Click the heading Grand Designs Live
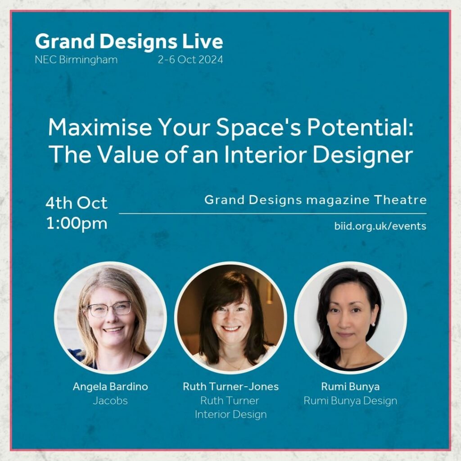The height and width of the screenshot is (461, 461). pyautogui.click(x=129, y=42)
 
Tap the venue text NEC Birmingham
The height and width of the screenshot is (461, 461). pyautogui.click(x=76, y=60)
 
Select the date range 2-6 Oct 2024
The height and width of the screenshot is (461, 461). pyautogui.click(x=190, y=60)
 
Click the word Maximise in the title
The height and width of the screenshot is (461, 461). pyautogui.click(x=100, y=127)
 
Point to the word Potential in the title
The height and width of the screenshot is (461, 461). pyautogui.click(x=360, y=127)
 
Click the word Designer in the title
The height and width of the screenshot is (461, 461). pyautogui.click(x=362, y=155)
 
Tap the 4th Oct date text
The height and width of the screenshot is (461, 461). pyautogui.click(x=77, y=203)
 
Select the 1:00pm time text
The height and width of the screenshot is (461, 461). pyautogui.click(x=77, y=224)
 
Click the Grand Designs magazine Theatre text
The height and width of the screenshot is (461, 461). pyautogui.click(x=316, y=200)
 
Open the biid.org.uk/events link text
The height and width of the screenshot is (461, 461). pyautogui.click(x=380, y=226)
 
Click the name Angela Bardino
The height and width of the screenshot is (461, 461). pyautogui.click(x=110, y=387)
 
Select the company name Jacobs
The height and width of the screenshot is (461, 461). pyautogui.click(x=110, y=401)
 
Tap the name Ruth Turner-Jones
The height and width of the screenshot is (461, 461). pyautogui.click(x=231, y=387)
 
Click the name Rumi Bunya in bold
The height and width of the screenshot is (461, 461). pyautogui.click(x=350, y=387)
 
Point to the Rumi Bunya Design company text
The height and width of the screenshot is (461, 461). pyautogui.click(x=350, y=401)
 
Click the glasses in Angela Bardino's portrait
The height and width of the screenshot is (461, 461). pyautogui.click(x=110, y=309)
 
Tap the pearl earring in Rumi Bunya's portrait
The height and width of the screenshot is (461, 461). pyautogui.click(x=373, y=324)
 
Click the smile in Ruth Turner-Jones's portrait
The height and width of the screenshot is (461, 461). pyautogui.click(x=231, y=328)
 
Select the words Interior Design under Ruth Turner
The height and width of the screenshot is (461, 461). pyautogui.click(x=231, y=415)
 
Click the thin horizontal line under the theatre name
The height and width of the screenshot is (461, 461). pyautogui.click(x=272, y=213)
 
